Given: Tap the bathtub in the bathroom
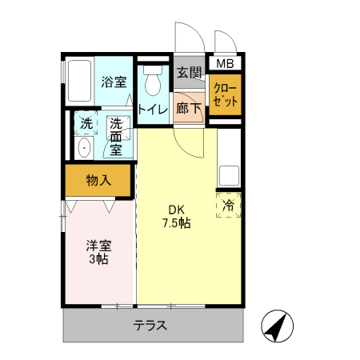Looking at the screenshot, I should point(78,82).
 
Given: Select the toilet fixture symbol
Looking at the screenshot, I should point(152,81).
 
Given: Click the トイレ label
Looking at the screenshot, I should point(152,110).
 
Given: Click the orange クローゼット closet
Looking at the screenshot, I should point(226,95).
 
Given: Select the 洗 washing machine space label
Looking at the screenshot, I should point(85,124).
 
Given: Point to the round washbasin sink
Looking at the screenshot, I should point(84,147).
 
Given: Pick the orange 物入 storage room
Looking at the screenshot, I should point(98,181).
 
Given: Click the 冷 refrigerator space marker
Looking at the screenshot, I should point(228,205).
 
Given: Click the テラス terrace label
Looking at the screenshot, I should point(150,326).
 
